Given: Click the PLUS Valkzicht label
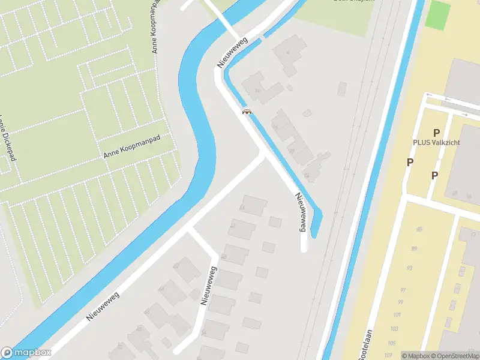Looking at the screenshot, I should (440, 142).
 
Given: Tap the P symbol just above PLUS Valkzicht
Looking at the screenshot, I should (436, 133).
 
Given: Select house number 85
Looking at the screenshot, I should (419, 229).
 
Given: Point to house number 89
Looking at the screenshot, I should (415, 248).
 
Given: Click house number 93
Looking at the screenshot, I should (409, 268).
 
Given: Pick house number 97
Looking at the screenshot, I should (403, 290).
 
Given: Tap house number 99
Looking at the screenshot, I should (400, 302).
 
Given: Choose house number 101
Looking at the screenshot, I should (397, 315).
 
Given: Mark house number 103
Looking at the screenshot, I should (394, 329).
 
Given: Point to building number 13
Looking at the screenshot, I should (473, 233).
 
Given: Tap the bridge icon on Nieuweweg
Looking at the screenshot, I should (246, 111).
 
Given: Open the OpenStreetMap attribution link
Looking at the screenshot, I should (456, 356).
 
